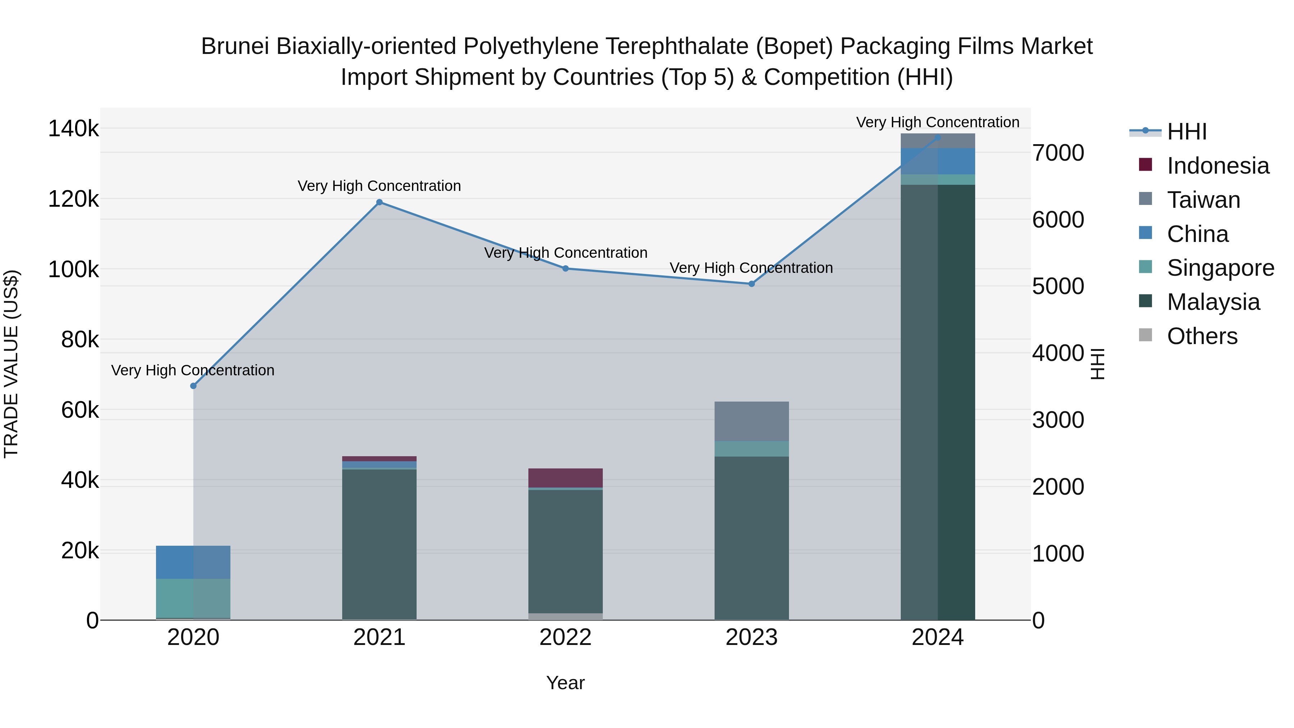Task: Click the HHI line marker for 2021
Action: click(x=379, y=202)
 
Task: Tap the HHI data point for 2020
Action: click(x=193, y=386)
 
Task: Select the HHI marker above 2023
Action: click(x=752, y=284)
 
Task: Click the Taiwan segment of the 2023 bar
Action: click(x=752, y=421)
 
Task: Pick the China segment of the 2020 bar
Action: click(x=193, y=562)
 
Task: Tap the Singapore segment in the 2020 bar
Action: click(x=193, y=598)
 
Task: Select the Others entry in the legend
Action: click(x=1202, y=336)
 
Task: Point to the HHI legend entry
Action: click(x=1186, y=132)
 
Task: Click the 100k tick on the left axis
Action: click(x=73, y=270)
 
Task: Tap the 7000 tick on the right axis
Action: click(x=1058, y=153)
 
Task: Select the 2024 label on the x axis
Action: click(x=937, y=637)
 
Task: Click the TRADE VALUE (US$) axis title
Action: click(x=11, y=364)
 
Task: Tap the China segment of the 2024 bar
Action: click(x=937, y=161)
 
